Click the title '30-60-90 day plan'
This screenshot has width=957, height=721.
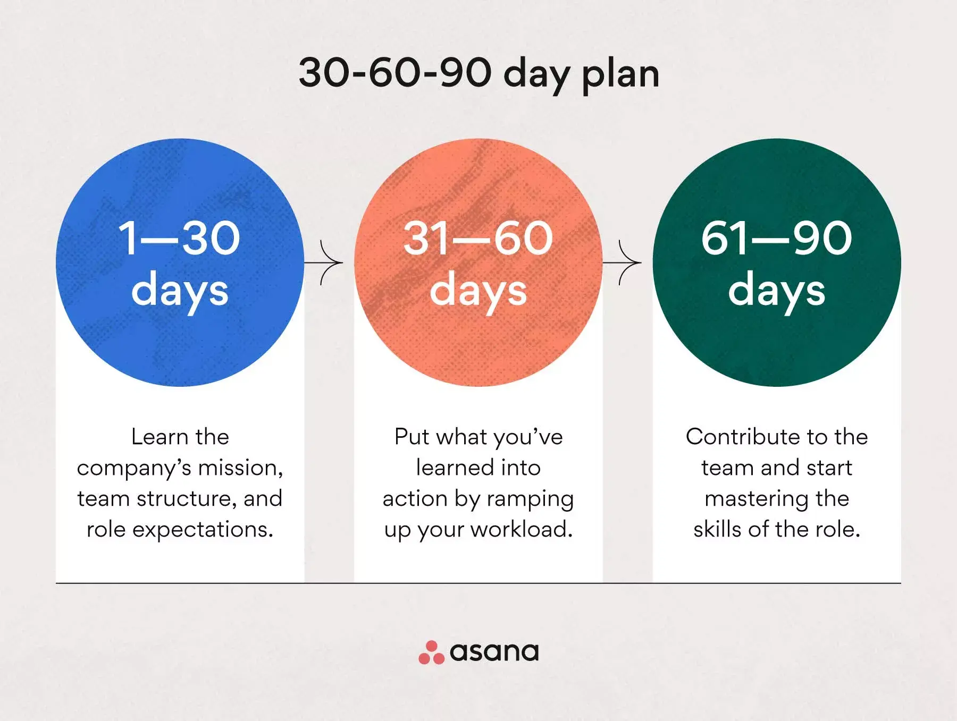pos(479,74)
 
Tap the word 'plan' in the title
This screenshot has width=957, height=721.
pos(621,75)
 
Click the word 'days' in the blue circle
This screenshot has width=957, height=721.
pos(180,291)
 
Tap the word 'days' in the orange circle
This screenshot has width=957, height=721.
pos(478,291)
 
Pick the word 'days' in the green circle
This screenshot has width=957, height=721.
pos(776,291)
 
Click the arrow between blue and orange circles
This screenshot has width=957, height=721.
pos(324,262)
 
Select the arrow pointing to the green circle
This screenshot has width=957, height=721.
pos(622,262)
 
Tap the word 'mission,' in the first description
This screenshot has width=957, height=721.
pos(240,468)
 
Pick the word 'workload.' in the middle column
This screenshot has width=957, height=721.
pos(521,529)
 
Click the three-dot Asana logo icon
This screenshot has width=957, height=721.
pos(431,652)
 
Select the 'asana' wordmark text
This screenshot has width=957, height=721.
pos(494,652)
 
